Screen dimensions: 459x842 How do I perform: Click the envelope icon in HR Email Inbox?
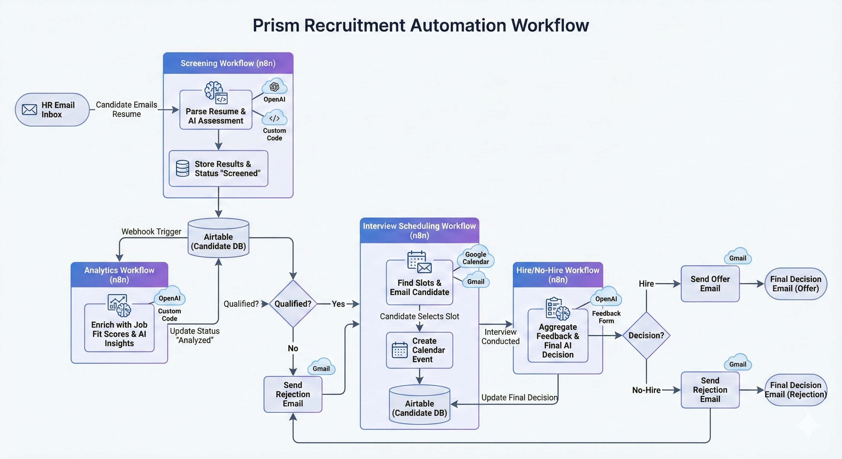click(x=29, y=109)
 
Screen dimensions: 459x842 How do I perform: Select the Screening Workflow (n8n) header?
click(x=228, y=63)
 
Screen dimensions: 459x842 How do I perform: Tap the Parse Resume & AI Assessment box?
click(x=216, y=116)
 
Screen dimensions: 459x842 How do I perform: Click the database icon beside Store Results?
click(x=182, y=168)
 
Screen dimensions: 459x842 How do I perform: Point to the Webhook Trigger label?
click(x=151, y=232)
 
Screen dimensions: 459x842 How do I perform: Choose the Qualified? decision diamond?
click(x=293, y=304)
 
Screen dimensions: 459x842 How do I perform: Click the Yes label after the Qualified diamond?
click(x=338, y=304)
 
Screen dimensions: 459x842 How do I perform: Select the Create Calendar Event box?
click(x=420, y=350)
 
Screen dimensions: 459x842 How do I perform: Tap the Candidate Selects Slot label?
click(x=420, y=316)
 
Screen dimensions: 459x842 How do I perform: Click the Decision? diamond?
click(x=646, y=335)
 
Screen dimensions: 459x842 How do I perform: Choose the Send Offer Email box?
click(x=710, y=284)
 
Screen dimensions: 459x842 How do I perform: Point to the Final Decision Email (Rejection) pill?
click(x=796, y=390)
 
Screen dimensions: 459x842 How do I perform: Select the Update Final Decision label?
click(x=519, y=397)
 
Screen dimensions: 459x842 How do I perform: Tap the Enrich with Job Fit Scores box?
click(x=119, y=333)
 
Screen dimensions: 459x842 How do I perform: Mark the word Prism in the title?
click(x=276, y=25)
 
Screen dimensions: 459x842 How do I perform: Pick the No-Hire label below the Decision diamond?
click(x=646, y=390)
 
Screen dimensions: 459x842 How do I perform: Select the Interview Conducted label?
click(x=500, y=336)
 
